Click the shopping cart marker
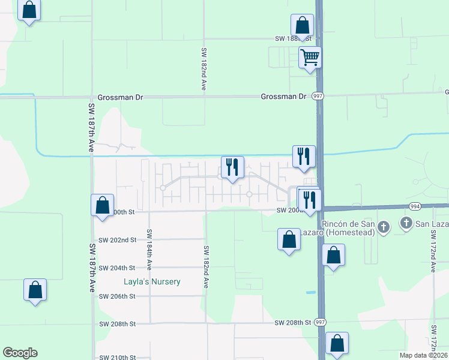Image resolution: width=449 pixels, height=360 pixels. pos(310,58)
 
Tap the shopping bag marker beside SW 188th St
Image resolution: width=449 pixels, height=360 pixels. pos(302,26)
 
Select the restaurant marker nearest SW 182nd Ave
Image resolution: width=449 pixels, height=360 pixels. pos(232,167)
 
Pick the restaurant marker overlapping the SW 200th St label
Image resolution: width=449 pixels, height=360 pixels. pos(309,200)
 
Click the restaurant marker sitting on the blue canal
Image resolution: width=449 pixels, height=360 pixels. pos(304,157)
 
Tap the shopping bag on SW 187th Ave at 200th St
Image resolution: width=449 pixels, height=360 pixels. pos(102,205)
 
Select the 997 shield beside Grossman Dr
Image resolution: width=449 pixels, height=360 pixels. pos(318,97)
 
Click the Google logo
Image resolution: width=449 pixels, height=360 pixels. pos(20,353)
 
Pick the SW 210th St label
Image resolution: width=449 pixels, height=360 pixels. pos(117,357)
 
